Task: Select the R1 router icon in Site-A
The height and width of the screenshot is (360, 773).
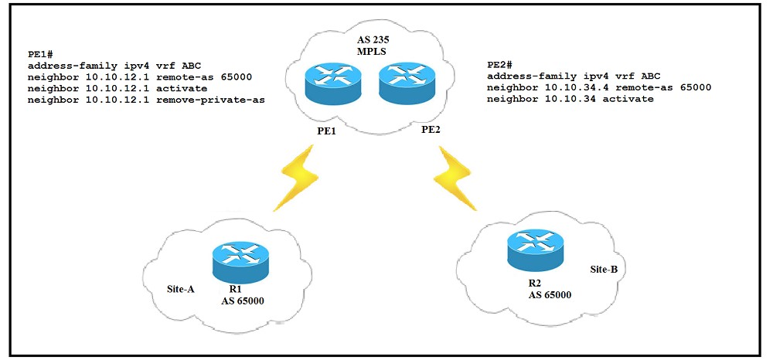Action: click(x=240, y=260)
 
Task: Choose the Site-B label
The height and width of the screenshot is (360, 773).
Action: click(x=608, y=270)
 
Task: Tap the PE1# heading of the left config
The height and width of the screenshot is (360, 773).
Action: click(x=41, y=56)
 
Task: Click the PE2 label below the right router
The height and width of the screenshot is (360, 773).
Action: click(x=431, y=130)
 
